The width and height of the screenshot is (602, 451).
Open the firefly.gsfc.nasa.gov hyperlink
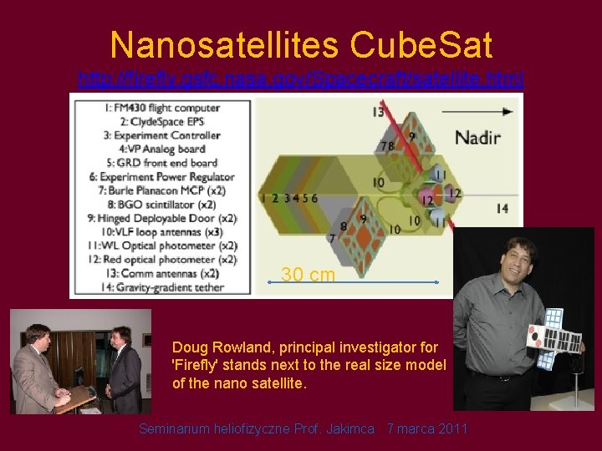pos(301,79)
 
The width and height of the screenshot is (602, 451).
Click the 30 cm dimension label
pos(308,275)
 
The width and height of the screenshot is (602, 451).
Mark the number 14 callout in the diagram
pos(501,209)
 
